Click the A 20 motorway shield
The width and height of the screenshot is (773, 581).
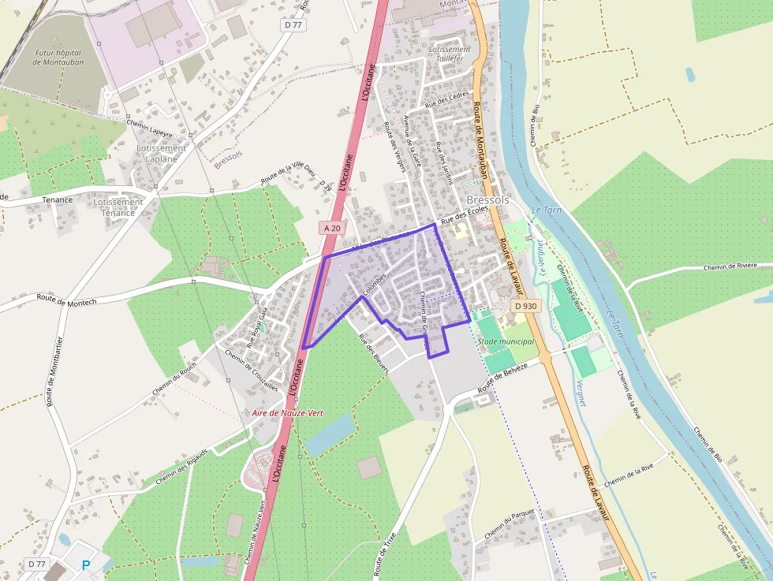(x=332, y=228)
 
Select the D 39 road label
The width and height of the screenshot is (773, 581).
(x=327, y=185)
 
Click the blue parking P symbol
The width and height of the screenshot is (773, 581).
(x=86, y=564)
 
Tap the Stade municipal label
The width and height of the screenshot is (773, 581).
(x=506, y=341)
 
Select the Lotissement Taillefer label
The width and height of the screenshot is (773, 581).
(x=450, y=54)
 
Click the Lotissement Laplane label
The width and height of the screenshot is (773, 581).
(x=161, y=153)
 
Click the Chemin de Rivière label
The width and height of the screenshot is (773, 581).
(x=730, y=267)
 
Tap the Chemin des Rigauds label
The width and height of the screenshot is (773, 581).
(x=181, y=465)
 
